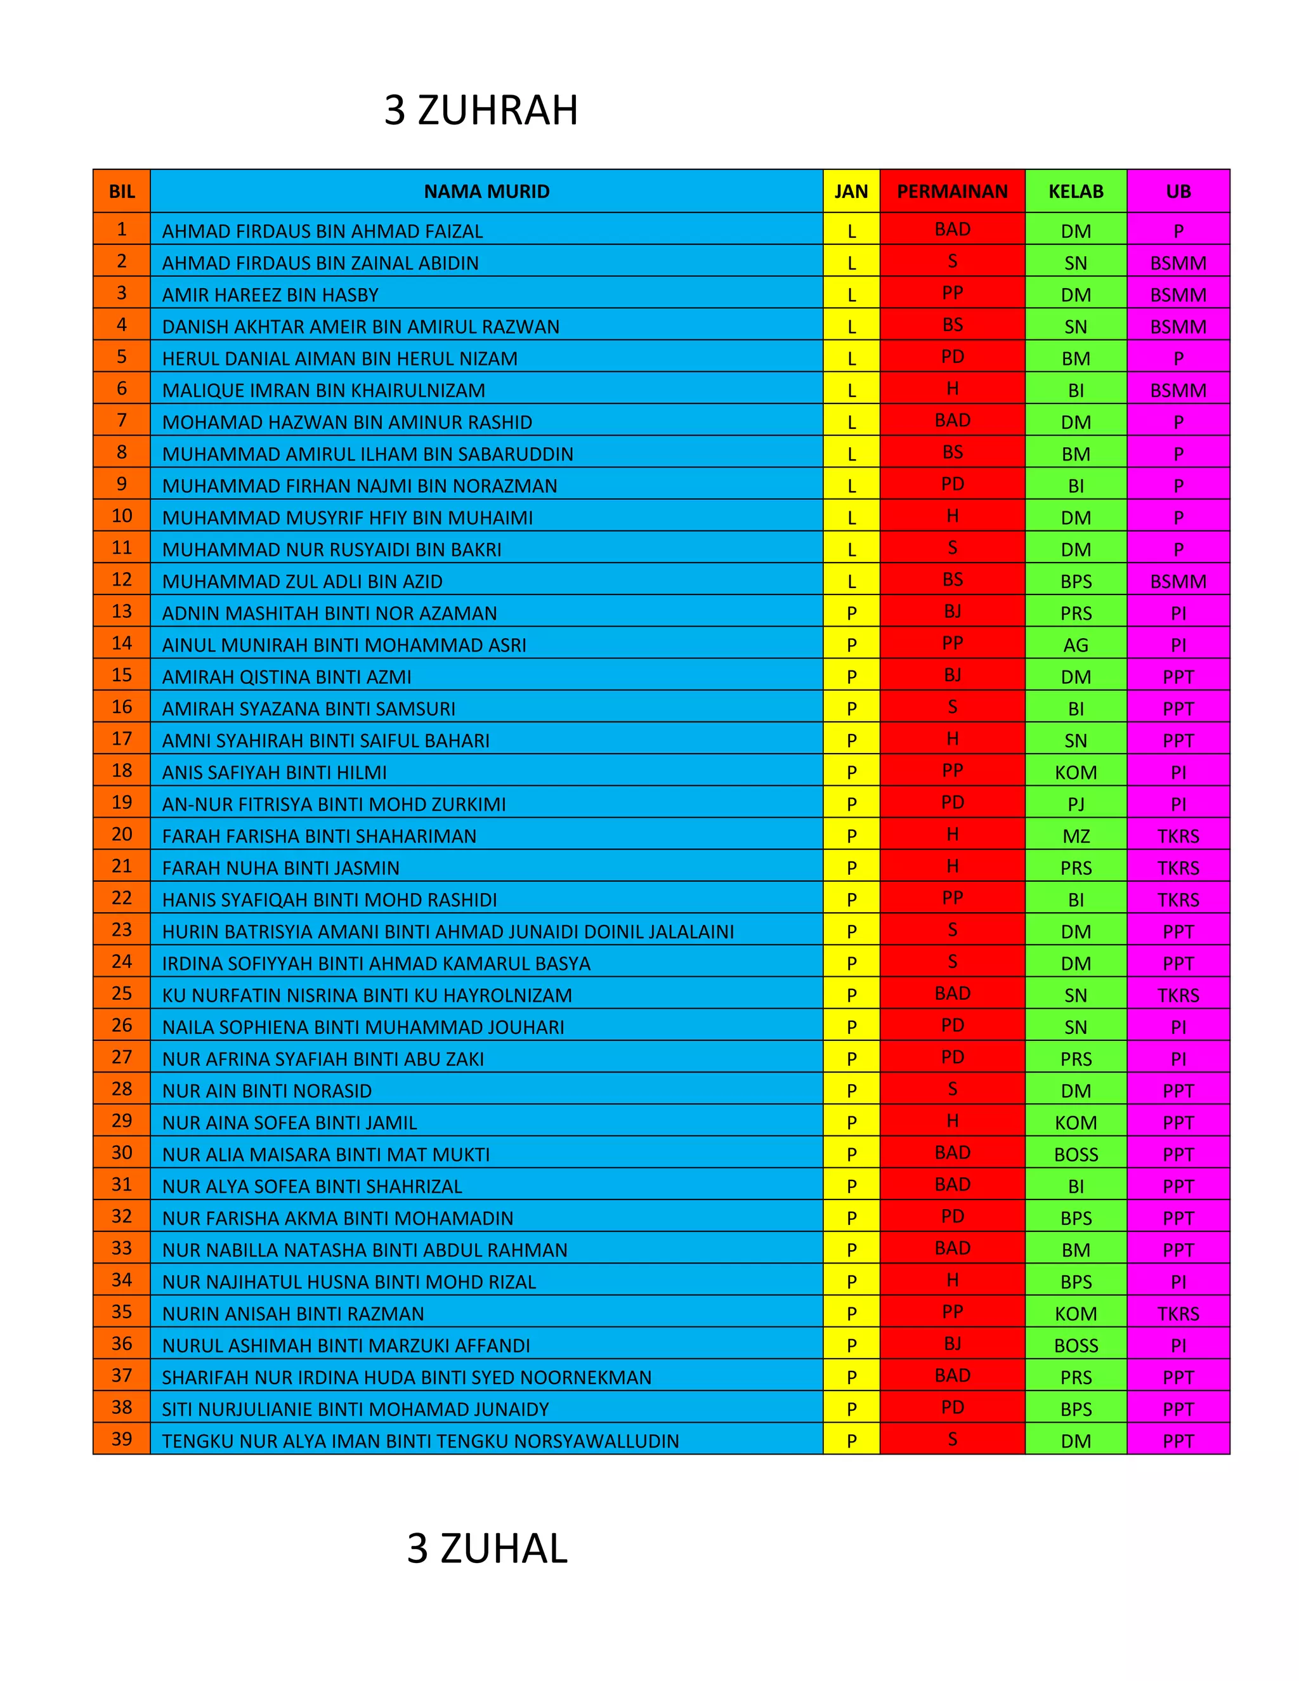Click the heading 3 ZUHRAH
pyautogui.click(x=481, y=110)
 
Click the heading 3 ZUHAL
pyautogui.click(x=487, y=1548)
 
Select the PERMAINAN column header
pyautogui.click(x=952, y=192)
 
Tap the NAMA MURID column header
pyautogui.click(x=486, y=192)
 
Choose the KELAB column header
pyautogui.click(x=1076, y=192)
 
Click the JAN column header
pyautogui.click(x=851, y=192)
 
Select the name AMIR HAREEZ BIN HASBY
pyautogui.click(x=270, y=295)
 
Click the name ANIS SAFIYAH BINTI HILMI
pyautogui.click(x=274, y=772)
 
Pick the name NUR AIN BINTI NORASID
pyautogui.click(x=266, y=1090)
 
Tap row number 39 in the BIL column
pyautogui.click(x=122, y=1439)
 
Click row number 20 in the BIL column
pyautogui.click(x=122, y=834)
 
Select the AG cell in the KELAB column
pyautogui.click(x=1076, y=645)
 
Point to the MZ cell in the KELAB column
pyautogui.click(x=1076, y=836)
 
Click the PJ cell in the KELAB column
pyautogui.click(x=1076, y=804)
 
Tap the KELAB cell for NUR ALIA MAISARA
pyautogui.click(x=1076, y=1154)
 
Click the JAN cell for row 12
pyautogui.click(x=851, y=581)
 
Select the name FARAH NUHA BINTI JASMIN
pyautogui.click(x=280, y=867)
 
